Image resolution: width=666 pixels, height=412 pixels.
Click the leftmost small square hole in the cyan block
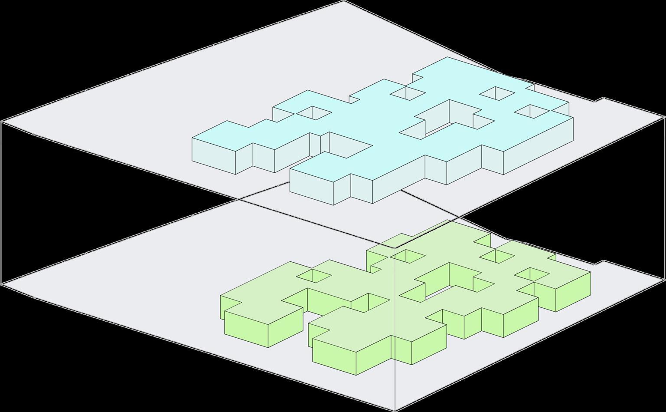pyautogui.click(x=313, y=113)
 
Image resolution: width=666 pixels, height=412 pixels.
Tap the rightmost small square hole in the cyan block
pyautogui.click(x=532, y=110)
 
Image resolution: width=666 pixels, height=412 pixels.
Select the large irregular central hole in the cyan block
pyautogui.click(x=447, y=119)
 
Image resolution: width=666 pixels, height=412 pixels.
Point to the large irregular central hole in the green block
pyautogui.click(x=447, y=282)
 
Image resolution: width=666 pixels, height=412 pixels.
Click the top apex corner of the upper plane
pyautogui.click(x=344, y=1)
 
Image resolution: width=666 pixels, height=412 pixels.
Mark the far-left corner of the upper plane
pyautogui.click(x=2, y=122)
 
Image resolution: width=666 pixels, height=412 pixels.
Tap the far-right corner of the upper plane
pyautogui.click(x=664, y=116)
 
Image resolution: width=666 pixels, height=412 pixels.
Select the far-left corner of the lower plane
pyautogui.click(x=2, y=284)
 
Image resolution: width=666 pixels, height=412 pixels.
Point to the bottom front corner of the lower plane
pyautogui.click(x=395, y=410)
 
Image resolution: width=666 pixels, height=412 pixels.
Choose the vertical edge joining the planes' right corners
pyautogui.click(x=664, y=198)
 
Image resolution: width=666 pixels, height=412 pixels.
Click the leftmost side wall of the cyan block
pyautogui.click(x=214, y=155)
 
